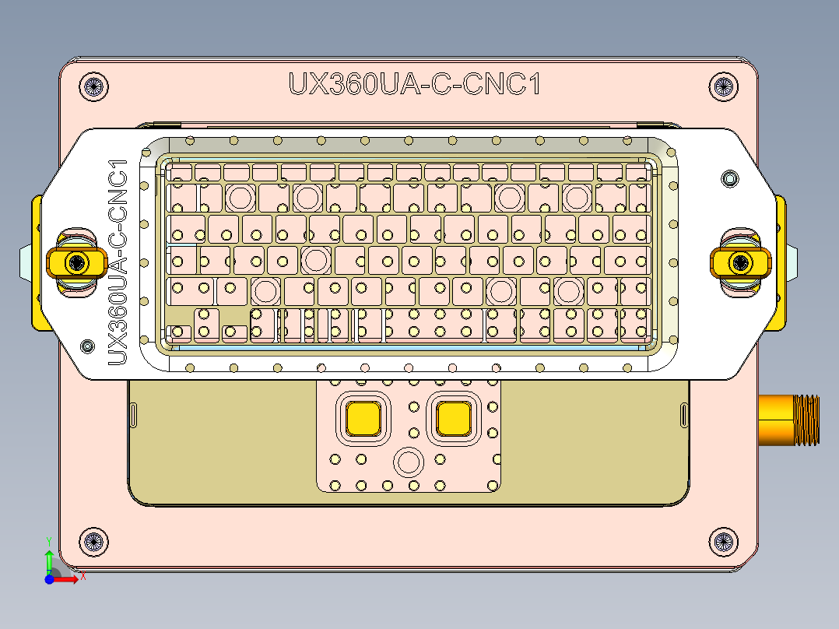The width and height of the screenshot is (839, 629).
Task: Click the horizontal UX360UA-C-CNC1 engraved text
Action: pyautogui.click(x=414, y=84)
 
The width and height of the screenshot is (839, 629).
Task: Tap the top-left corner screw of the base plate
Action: pyautogui.click(x=93, y=86)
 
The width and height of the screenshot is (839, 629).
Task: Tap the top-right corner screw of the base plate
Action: pyautogui.click(x=723, y=86)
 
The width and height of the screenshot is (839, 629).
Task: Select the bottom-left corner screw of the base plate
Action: pyautogui.click(x=92, y=541)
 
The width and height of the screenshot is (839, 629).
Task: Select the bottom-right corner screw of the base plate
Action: pyautogui.click(x=723, y=541)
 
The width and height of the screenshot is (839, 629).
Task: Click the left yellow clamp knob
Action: pyautogui.click(x=75, y=262)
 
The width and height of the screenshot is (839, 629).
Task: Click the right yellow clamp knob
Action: pyautogui.click(x=740, y=262)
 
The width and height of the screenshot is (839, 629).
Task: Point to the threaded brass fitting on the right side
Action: pyautogui.click(x=789, y=420)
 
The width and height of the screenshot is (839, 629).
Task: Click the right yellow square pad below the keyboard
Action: pyautogui.click(x=454, y=419)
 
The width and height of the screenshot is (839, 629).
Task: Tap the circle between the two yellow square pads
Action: pyautogui.click(x=407, y=462)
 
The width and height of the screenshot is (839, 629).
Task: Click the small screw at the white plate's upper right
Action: pyautogui.click(x=728, y=178)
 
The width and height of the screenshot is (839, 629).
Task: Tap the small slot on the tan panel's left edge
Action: pyautogui.click(x=133, y=415)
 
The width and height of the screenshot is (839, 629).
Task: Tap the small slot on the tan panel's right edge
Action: pyautogui.click(x=684, y=415)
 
